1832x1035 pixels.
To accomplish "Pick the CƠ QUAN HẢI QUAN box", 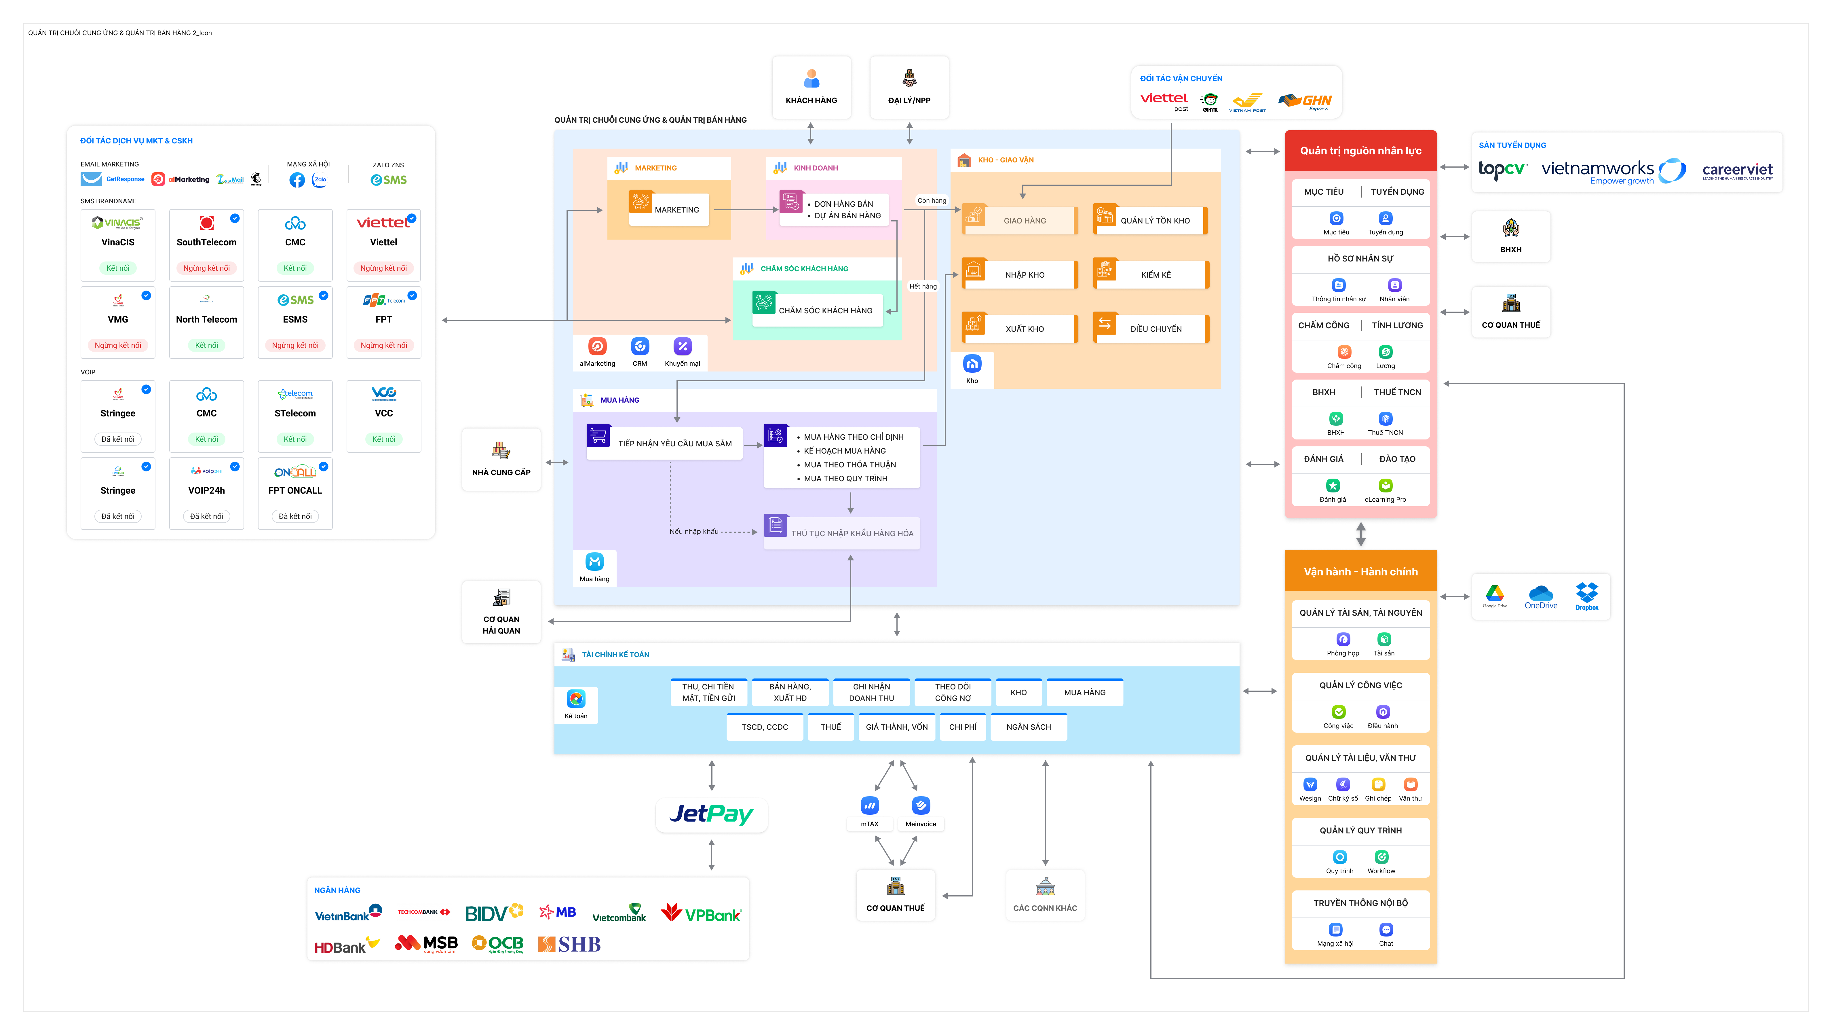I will [x=501, y=612].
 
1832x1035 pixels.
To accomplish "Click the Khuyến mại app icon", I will [x=682, y=346].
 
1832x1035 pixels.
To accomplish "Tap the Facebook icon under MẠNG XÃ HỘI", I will [x=297, y=180].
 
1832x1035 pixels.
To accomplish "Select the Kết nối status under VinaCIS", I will [x=118, y=268].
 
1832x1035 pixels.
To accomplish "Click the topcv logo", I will [x=1502, y=169].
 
